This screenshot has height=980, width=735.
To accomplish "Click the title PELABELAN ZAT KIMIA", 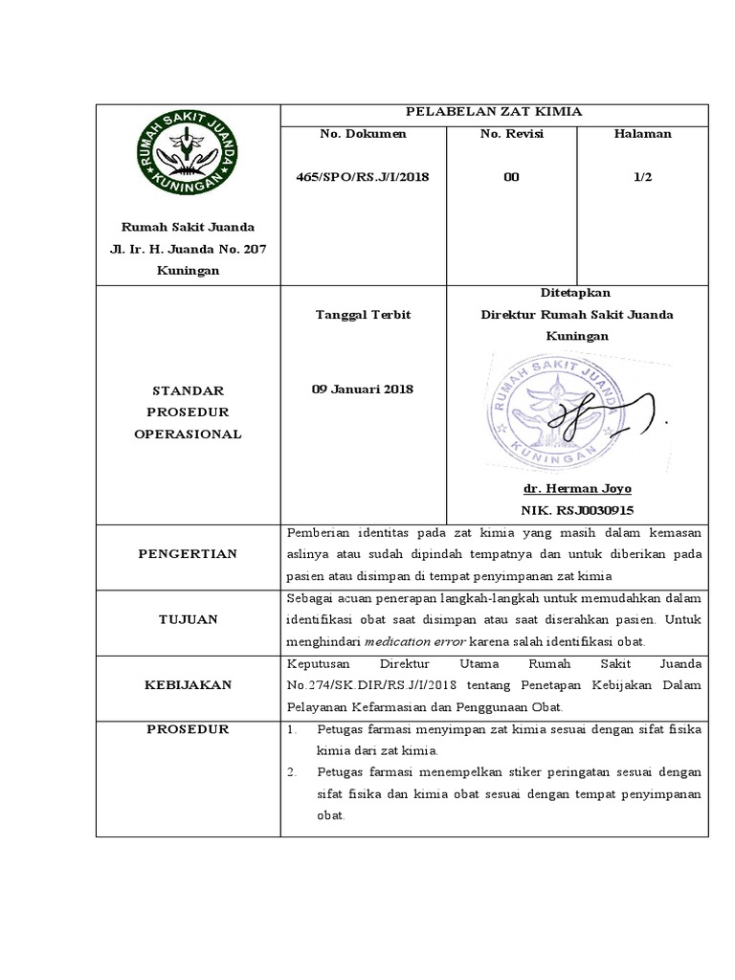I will click(x=493, y=112).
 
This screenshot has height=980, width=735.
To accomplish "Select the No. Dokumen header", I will click(x=363, y=134).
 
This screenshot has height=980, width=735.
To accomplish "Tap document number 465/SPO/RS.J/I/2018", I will click(x=363, y=178).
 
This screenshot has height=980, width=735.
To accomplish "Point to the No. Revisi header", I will click(x=511, y=134).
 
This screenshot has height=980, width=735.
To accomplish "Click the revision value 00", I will click(x=511, y=178).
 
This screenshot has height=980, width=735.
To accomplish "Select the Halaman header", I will click(x=642, y=134).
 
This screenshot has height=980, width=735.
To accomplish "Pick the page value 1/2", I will click(x=642, y=178).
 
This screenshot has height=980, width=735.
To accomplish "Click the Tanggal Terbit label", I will click(x=363, y=315).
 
